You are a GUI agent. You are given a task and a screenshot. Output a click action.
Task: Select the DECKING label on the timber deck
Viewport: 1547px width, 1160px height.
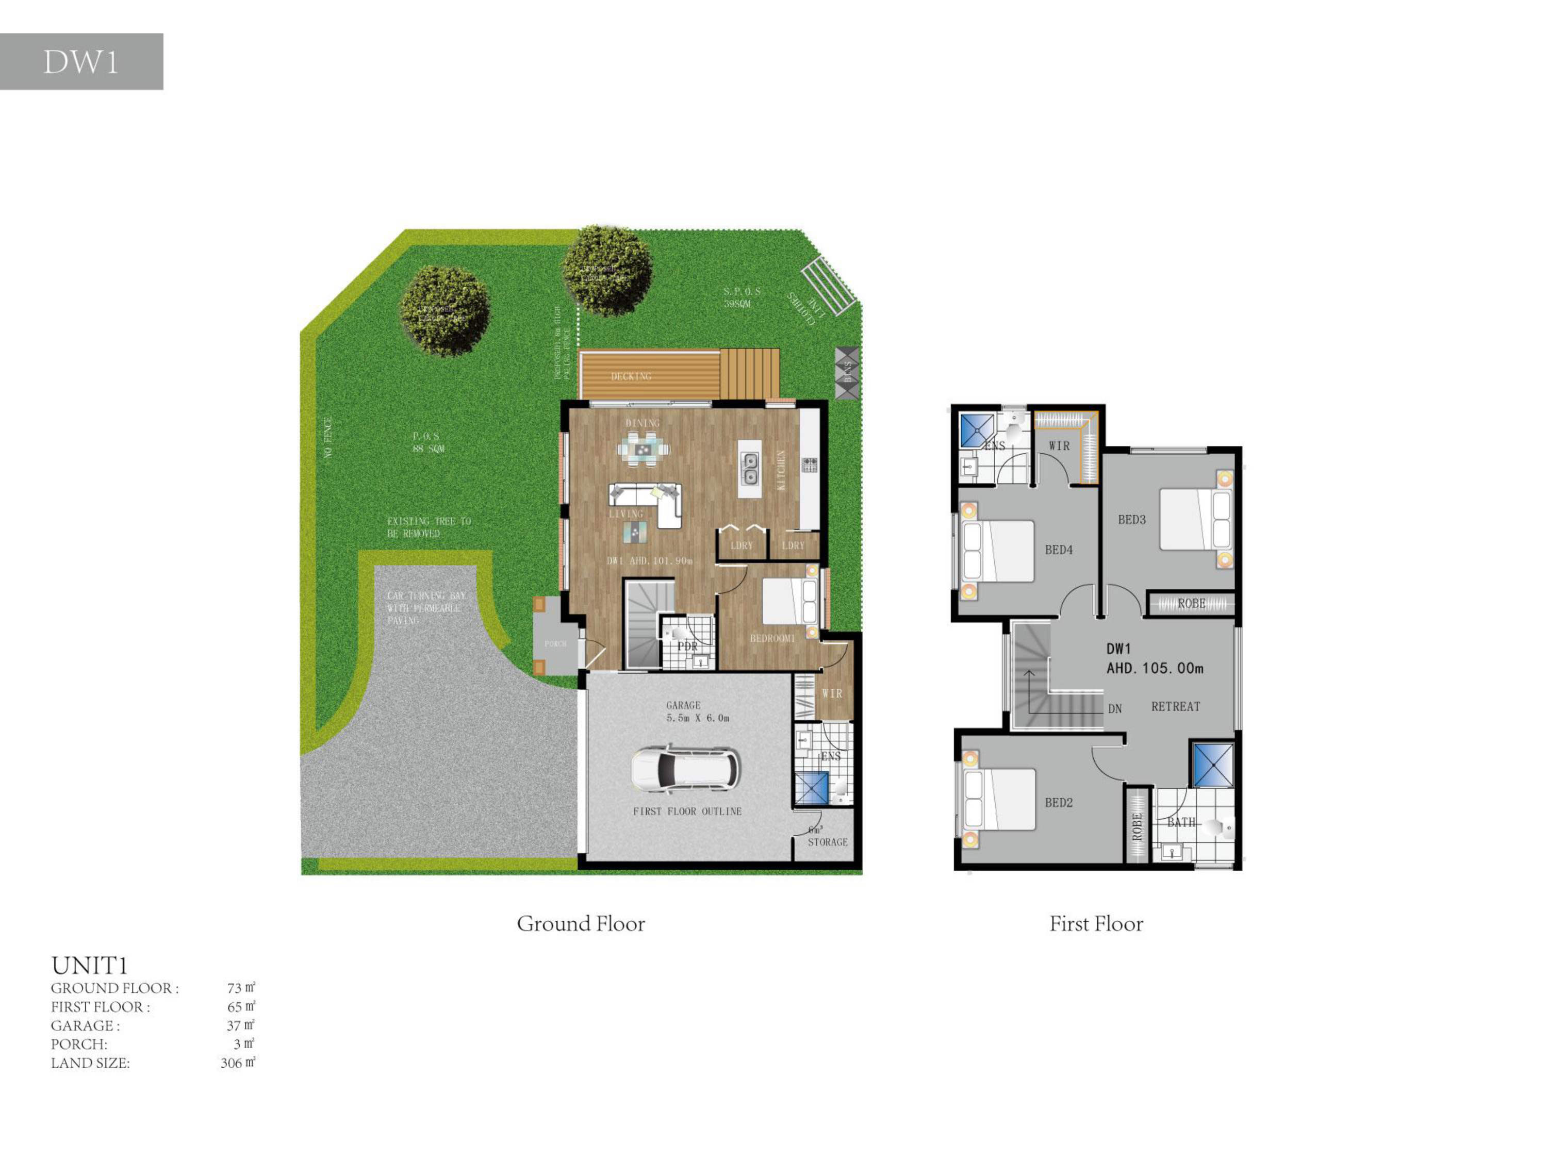[x=631, y=376]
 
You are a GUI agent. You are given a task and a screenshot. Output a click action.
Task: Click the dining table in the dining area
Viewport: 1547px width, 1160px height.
[x=643, y=448]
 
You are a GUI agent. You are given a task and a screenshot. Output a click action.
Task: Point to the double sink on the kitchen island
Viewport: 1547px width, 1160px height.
[x=750, y=469]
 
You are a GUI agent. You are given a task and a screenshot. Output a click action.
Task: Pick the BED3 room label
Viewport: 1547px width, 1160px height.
[x=1131, y=520]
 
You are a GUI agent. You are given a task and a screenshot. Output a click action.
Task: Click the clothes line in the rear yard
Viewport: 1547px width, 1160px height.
[x=828, y=286]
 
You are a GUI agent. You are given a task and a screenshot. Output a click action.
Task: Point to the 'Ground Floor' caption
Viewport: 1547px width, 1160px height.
[x=581, y=924]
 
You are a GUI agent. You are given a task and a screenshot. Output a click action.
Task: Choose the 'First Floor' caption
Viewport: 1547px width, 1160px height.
[x=1096, y=924]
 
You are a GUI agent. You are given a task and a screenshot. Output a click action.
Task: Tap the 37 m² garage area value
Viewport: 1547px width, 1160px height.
[x=240, y=1025]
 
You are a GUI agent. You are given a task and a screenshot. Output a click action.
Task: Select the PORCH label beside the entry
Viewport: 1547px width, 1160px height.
[x=555, y=643]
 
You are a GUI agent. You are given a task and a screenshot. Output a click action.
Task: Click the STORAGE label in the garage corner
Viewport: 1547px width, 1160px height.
[x=827, y=842]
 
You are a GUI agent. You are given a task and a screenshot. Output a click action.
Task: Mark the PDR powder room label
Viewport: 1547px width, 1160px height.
[x=687, y=646]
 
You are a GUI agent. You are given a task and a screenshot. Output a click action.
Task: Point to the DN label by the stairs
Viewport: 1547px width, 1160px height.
[x=1115, y=708]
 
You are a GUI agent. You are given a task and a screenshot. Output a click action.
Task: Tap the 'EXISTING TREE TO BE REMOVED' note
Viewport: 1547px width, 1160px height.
[x=429, y=527]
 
